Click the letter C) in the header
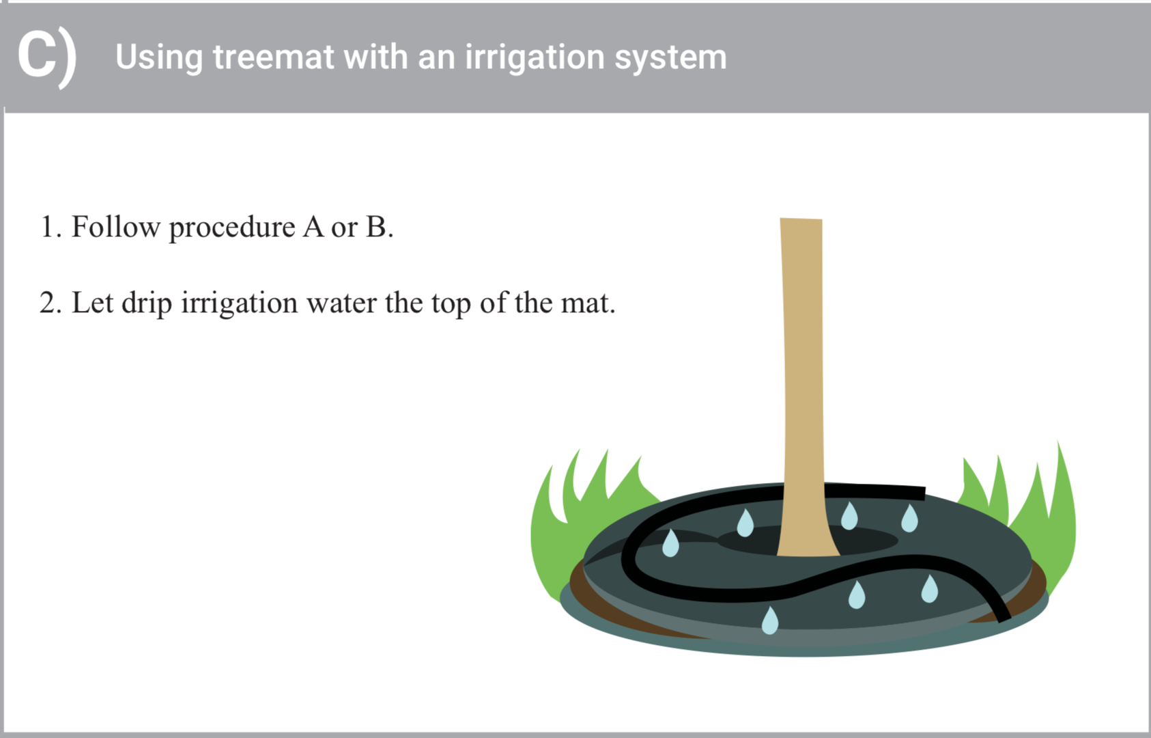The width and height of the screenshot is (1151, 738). tap(46, 59)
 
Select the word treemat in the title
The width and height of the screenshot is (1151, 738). tap(274, 57)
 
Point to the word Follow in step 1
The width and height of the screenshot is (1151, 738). tap(116, 227)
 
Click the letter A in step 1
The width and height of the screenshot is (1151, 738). tap(313, 227)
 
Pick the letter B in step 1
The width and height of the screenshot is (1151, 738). tap(380, 227)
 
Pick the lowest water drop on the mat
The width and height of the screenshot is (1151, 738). tap(770, 620)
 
